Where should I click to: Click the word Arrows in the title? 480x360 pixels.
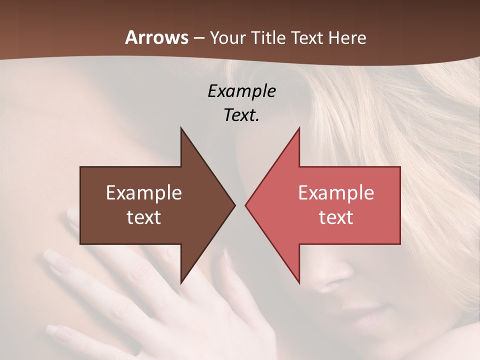pos(156,38)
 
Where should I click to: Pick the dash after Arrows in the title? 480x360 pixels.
pos(199,38)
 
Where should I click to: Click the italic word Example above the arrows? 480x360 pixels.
pos(241,91)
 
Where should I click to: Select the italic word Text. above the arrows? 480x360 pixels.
pos(241,115)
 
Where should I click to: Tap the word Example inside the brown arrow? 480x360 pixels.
pos(144,193)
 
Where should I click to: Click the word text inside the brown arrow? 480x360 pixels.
pos(144,217)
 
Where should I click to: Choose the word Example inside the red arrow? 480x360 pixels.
pos(336,193)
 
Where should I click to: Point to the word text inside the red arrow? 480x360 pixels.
pos(336,217)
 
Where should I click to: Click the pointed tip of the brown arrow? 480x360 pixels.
pos(234,205)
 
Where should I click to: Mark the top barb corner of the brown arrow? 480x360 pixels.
pos(181,128)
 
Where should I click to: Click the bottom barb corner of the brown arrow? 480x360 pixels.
pos(181,283)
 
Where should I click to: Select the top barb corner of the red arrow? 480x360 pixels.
pos(299,128)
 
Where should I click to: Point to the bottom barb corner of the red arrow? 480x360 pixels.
pos(299,283)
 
